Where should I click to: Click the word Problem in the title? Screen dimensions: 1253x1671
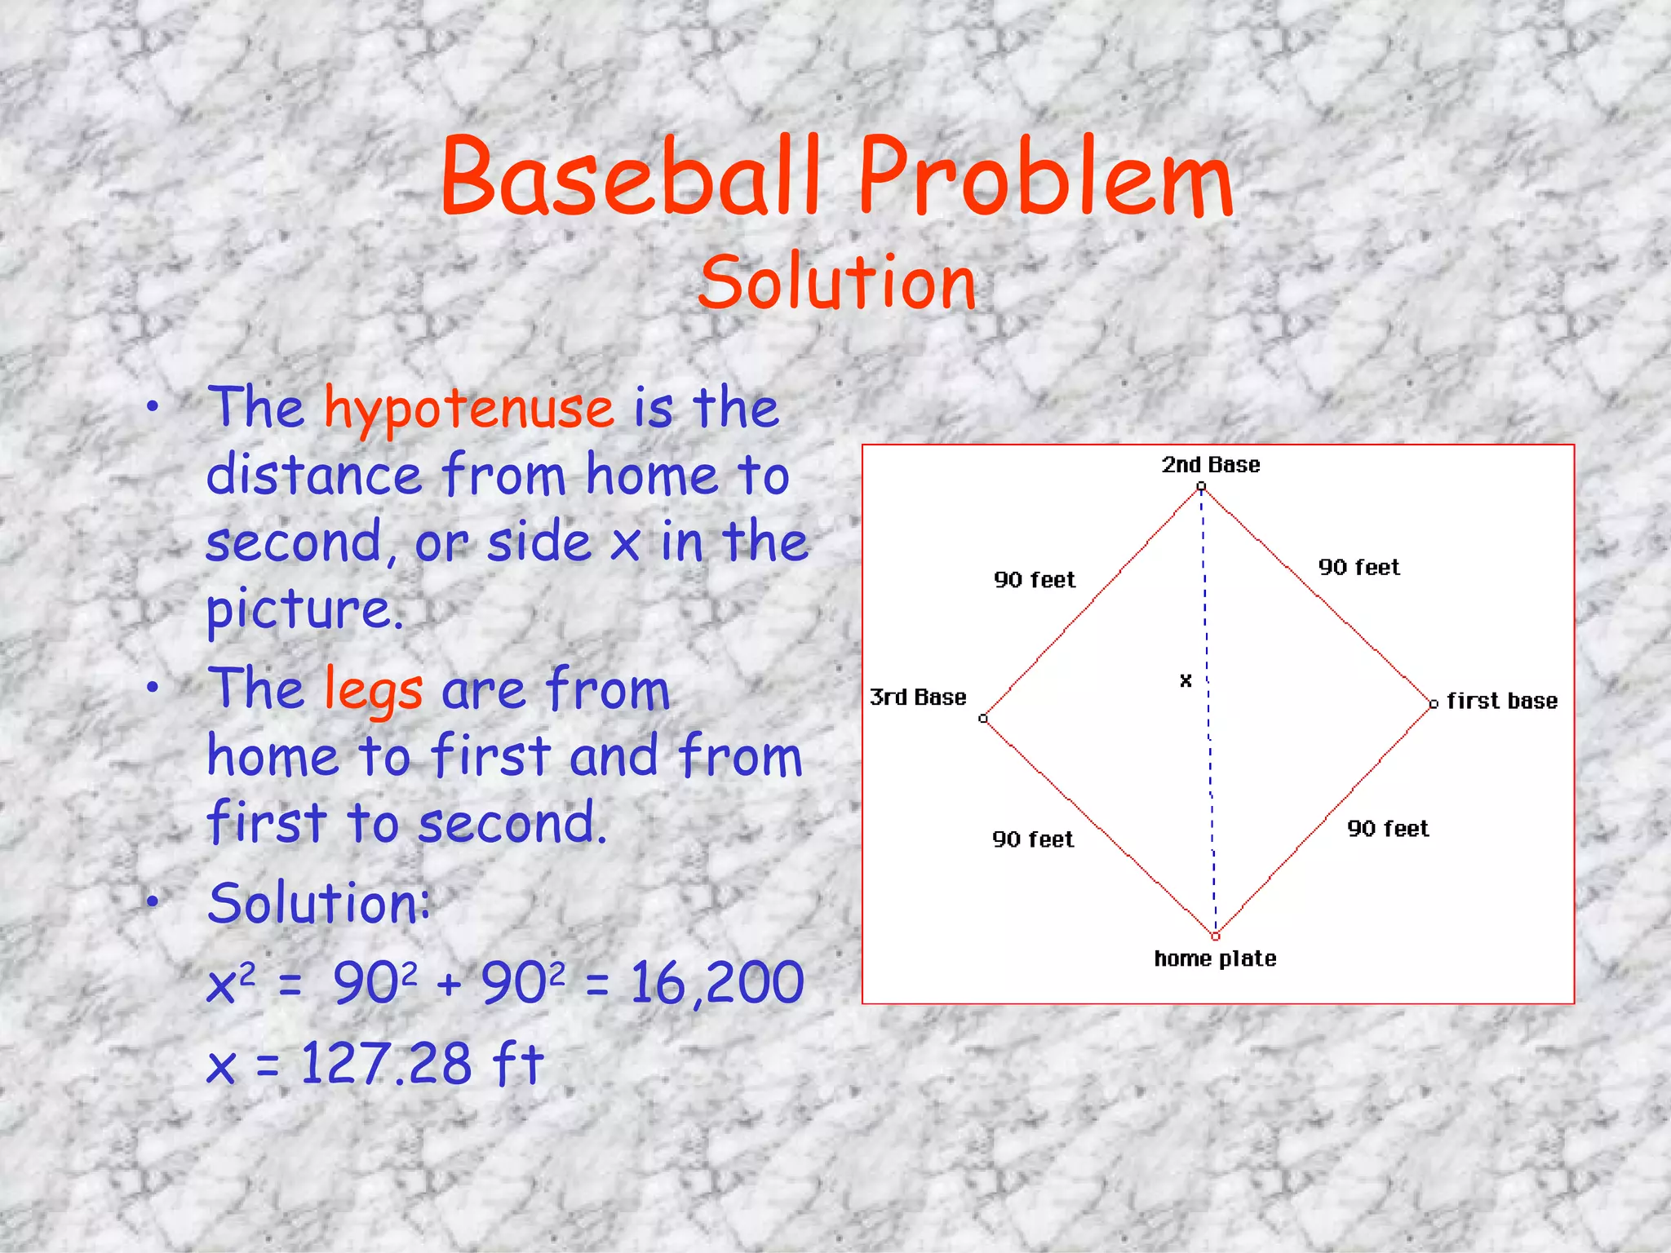(x=1045, y=178)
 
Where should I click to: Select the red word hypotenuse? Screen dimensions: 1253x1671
(x=469, y=408)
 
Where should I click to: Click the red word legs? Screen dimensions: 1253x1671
(x=374, y=690)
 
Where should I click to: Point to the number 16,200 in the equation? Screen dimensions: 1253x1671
(x=717, y=982)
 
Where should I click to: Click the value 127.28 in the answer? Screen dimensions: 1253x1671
(x=386, y=1064)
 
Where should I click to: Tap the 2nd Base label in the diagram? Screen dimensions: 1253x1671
(x=1211, y=465)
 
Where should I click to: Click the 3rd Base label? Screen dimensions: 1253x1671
(x=918, y=697)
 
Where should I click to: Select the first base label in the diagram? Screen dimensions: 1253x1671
(x=1501, y=702)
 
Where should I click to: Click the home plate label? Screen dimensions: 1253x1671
(x=1215, y=959)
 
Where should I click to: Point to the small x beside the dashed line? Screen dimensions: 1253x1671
(x=1186, y=680)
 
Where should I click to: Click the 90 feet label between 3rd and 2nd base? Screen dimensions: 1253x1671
(x=1035, y=580)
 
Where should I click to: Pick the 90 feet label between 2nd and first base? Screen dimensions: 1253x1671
(x=1359, y=568)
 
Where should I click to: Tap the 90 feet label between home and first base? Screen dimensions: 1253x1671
(x=1387, y=829)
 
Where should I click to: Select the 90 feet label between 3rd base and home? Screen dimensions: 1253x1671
(x=1033, y=839)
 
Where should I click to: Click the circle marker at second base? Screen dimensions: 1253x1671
(x=1201, y=487)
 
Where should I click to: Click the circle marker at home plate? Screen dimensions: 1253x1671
(x=1215, y=936)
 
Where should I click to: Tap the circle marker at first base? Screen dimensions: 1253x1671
(x=1434, y=704)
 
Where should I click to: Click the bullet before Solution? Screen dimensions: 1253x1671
(x=153, y=901)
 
